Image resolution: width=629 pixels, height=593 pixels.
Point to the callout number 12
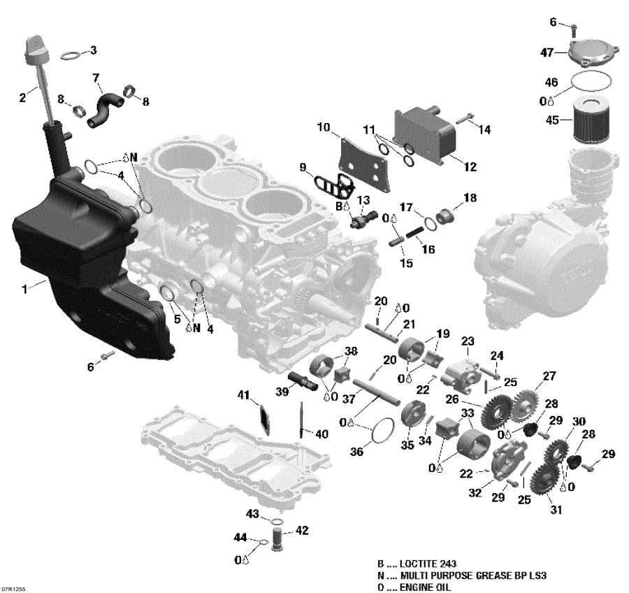(470, 167)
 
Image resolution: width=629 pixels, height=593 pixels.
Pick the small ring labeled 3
(71, 55)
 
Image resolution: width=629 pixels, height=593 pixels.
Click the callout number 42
(302, 530)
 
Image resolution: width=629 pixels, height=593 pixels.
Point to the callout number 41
(243, 396)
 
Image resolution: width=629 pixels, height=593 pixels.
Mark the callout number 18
(470, 199)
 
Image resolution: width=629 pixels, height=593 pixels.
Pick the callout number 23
(468, 341)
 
